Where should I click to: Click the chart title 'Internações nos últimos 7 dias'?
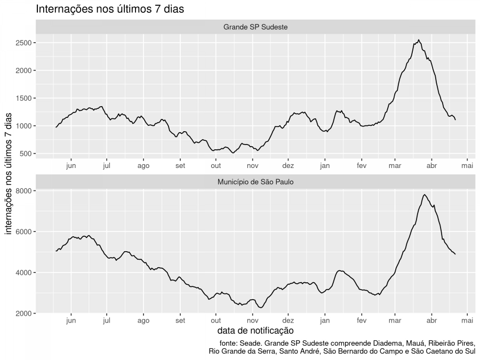click(110, 9)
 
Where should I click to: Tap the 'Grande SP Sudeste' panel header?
click(255, 27)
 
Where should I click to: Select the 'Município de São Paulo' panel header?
click(255, 182)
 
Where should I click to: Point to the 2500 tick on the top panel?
click(26, 43)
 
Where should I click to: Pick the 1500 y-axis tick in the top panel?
click(26, 98)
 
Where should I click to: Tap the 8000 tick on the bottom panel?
click(26, 191)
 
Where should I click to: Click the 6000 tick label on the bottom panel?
click(26, 231)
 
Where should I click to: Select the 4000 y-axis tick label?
click(26, 273)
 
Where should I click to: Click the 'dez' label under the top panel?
click(288, 166)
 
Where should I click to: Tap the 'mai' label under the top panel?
click(468, 166)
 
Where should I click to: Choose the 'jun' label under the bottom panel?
click(71, 321)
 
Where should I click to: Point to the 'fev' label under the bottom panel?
click(362, 321)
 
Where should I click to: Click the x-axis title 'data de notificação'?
click(255, 331)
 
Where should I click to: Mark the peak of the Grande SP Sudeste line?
click(419, 40)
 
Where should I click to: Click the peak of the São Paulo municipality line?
click(424, 195)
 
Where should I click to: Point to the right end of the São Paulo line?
click(455, 254)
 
